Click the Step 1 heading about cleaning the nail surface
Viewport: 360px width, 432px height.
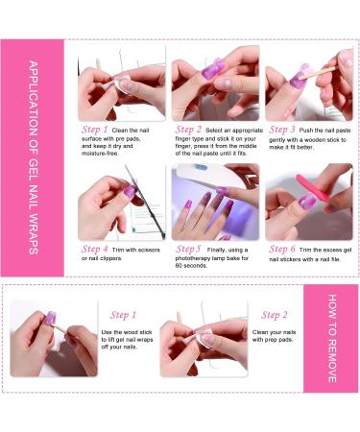coord(94,128)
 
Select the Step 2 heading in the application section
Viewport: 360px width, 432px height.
coord(189,128)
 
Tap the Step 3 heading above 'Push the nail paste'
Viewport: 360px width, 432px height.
coord(281,128)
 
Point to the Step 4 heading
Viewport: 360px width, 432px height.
coord(94,247)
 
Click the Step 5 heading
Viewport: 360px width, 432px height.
coord(189,247)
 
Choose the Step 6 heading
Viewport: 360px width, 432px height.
coord(281,247)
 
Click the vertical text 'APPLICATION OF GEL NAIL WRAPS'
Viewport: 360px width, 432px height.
coord(33,158)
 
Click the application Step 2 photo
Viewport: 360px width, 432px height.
coord(215,82)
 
